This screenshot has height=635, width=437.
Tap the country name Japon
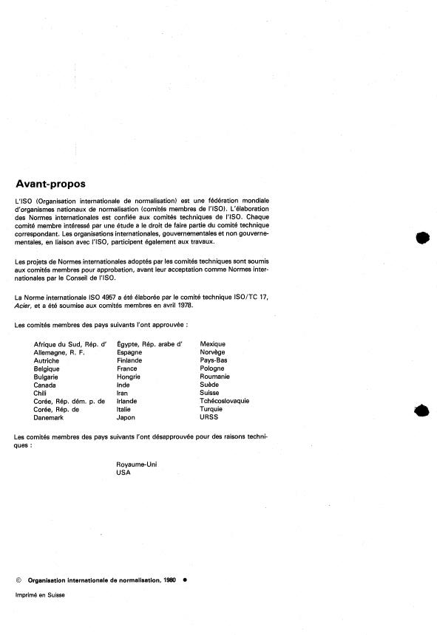[126, 417]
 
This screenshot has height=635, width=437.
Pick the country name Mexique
[213, 344]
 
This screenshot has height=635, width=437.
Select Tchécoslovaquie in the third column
[225, 401]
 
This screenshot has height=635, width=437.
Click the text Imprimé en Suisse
[40, 595]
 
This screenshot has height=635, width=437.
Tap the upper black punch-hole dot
[422, 238]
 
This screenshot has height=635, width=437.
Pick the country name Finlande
[129, 360]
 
